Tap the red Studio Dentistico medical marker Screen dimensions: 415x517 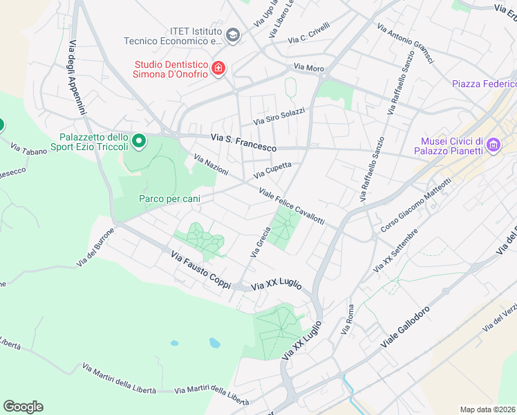pyautogui.click(x=218, y=68)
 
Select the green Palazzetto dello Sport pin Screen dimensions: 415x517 pyautogui.click(x=139, y=142)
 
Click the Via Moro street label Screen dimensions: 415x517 pyautogui.click(x=309, y=68)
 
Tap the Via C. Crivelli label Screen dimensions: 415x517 pyautogui.click(x=309, y=33)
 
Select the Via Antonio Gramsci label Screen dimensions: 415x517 pyautogui.click(x=406, y=45)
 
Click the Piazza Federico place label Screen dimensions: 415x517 pyautogui.click(x=484, y=84)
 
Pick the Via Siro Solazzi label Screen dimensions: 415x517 pyautogui.click(x=279, y=116)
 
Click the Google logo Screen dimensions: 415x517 pyautogui.click(x=23, y=407)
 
